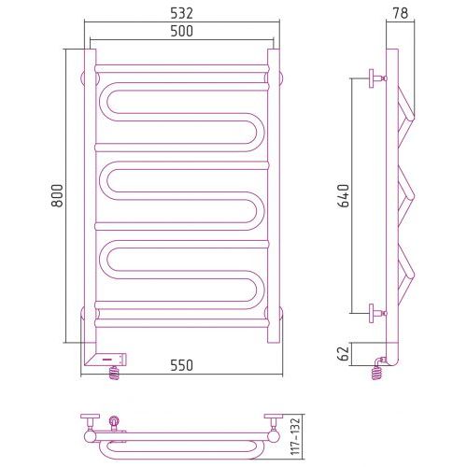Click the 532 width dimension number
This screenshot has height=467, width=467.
[x=181, y=13]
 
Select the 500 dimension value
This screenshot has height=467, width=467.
[x=181, y=31]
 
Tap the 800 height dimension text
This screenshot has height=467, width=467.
[x=57, y=195]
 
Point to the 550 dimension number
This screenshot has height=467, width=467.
[x=181, y=365]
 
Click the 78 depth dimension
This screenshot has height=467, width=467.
[x=400, y=13]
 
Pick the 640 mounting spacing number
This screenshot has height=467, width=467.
[x=344, y=196]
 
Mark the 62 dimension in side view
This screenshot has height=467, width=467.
[x=344, y=353]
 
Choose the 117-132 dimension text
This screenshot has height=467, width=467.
[x=295, y=436]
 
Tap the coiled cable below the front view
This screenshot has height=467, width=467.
[x=114, y=373]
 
